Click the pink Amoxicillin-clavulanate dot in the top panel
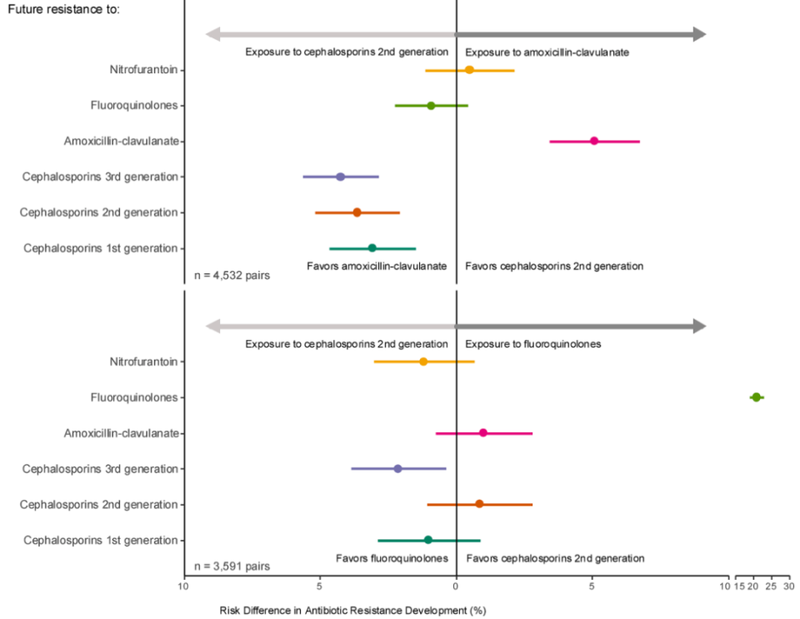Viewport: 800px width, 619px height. [x=594, y=141]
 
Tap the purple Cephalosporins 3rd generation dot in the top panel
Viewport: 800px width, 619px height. [x=340, y=177]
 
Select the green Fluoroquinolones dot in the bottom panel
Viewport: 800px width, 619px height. [x=756, y=397]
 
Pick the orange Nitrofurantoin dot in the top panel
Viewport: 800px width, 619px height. [x=469, y=70]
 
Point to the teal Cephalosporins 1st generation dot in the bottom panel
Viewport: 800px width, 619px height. [x=428, y=540]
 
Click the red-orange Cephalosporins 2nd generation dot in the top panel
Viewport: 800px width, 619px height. [x=357, y=212]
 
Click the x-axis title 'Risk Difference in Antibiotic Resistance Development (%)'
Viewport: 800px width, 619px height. [x=352, y=610]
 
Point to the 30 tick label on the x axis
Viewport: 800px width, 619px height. [x=788, y=587]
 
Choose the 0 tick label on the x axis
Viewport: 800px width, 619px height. [x=456, y=587]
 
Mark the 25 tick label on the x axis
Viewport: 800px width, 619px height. [x=771, y=587]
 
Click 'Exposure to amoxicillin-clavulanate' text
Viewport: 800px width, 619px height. [x=547, y=52]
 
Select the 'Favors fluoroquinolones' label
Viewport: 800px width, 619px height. [x=392, y=558]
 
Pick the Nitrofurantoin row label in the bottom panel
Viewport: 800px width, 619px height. [x=143, y=362]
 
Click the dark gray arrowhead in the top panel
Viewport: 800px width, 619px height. [x=698, y=34]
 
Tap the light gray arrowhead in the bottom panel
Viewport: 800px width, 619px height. [x=213, y=326]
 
